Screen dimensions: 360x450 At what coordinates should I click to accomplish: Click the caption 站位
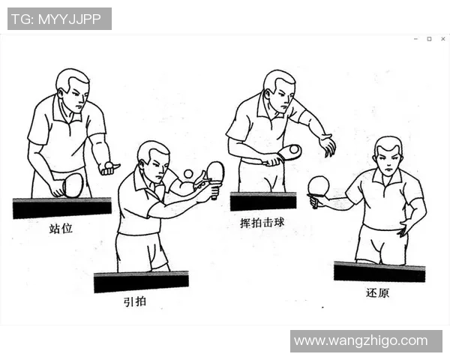(60, 228)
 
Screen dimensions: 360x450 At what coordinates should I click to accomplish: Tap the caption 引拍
(136, 301)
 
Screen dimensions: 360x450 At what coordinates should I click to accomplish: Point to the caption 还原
(377, 292)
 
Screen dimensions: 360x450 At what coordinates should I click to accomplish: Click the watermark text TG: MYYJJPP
(59, 19)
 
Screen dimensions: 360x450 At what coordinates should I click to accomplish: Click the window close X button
(442, 39)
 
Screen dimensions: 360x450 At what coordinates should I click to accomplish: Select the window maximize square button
(429, 39)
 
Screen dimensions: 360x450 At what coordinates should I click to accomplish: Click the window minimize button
(415, 39)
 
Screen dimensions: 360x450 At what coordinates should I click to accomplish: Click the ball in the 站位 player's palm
(109, 164)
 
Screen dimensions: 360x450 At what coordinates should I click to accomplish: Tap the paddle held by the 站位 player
(73, 184)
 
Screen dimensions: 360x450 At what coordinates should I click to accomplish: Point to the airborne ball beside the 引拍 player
(187, 173)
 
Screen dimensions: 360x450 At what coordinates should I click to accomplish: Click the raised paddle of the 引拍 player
(215, 172)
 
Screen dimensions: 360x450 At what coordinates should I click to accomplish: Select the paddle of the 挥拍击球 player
(289, 152)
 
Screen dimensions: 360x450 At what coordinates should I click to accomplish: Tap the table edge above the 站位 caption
(61, 208)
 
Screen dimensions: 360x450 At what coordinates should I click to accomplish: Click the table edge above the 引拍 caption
(141, 282)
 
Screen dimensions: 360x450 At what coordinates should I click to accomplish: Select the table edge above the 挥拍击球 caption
(262, 201)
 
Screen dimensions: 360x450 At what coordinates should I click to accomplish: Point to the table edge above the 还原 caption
(379, 271)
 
